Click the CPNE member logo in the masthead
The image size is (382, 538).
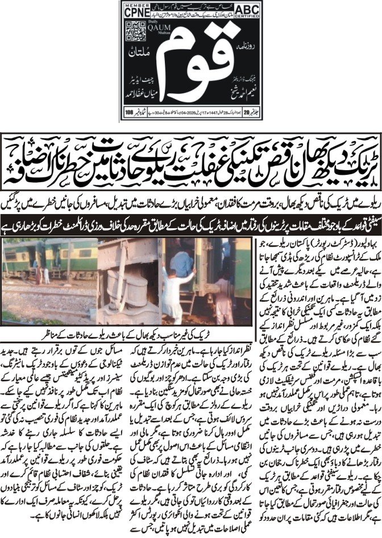coord(137,10)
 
